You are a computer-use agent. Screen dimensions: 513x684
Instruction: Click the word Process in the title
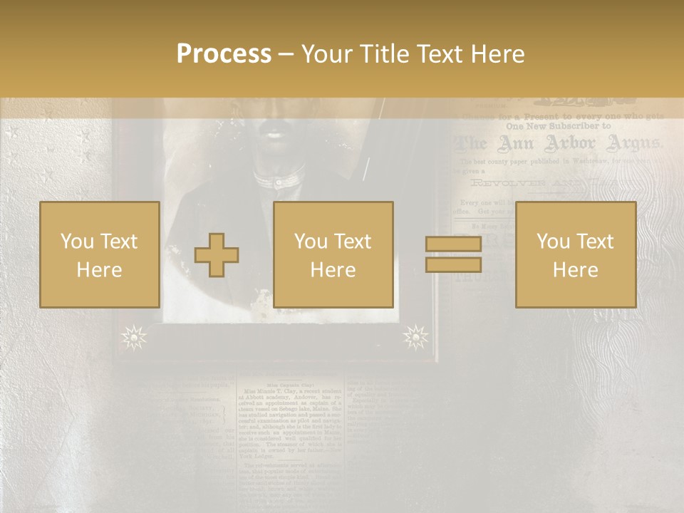pos(224,53)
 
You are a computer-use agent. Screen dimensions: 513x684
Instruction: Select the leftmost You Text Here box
pos(100,254)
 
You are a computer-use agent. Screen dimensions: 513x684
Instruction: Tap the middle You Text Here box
pos(333,254)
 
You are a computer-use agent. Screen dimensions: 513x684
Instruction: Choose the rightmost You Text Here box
pos(576,254)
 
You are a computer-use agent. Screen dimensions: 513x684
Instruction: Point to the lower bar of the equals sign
pos(453,264)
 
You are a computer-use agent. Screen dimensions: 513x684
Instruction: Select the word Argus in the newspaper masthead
pos(633,144)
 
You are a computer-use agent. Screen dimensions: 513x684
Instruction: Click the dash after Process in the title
pos(286,54)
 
